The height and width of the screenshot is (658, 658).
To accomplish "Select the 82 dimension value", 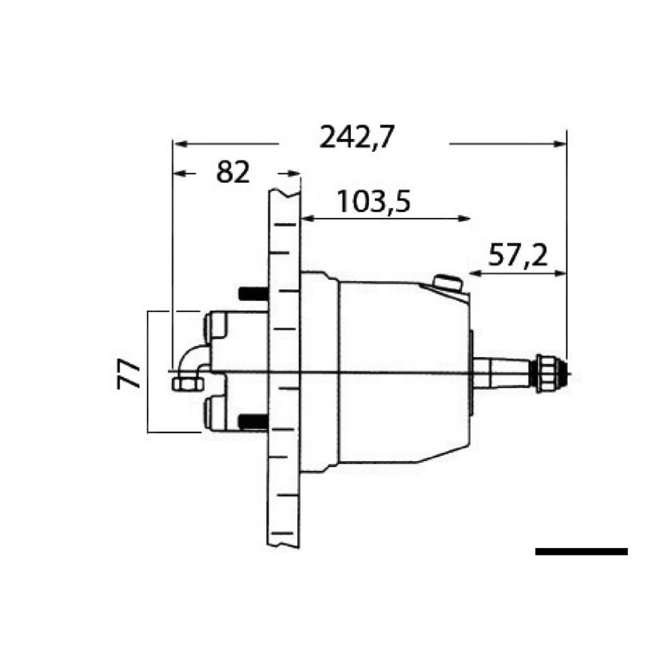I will [x=233, y=173].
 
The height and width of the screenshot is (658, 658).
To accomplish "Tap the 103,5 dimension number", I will [x=373, y=202].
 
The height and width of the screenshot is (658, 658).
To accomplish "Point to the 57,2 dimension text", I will [x=518, y=256].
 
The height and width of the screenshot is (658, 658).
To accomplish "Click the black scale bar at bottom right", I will [x=581, y=552].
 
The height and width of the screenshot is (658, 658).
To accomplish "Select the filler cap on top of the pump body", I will [x=448, y=283].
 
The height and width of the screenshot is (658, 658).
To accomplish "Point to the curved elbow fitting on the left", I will [x=192, y=358].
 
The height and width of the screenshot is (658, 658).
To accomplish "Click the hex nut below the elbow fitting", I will [x=187, y=384].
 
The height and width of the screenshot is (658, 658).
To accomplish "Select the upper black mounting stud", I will [x=252, y=294].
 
